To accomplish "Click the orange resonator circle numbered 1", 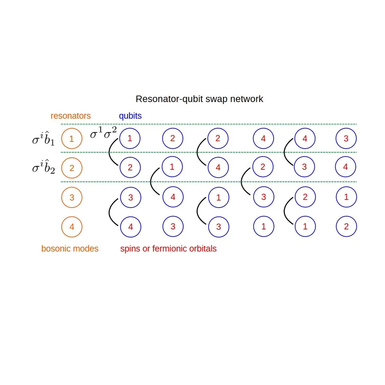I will (x=72, y=138).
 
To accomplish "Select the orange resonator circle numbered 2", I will (x=72, y=168).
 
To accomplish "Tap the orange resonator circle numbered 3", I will (x=72, y=198).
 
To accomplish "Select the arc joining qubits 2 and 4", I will (x=198, y=152).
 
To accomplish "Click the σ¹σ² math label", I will (x=103, y=134).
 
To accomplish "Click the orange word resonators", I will (x=70, y=116).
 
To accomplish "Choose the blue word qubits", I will (x=130, y=116).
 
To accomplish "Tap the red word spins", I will (x=130, y=249).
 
